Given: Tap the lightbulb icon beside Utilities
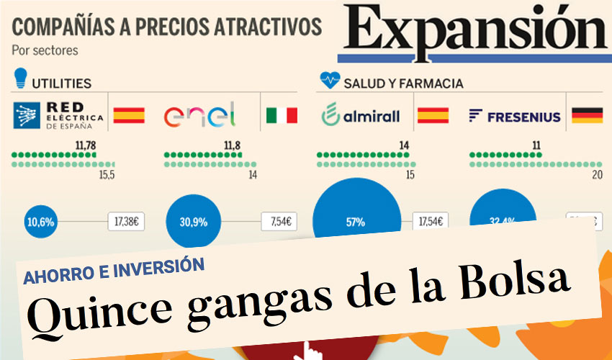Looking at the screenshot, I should click(x=21, y=77).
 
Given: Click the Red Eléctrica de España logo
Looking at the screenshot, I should click(x=58, y=114).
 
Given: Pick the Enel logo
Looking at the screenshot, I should click(x=199, y=115).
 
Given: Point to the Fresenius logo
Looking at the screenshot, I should click(x=514, y=116).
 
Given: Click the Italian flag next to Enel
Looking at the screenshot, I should click(x=282, y=115).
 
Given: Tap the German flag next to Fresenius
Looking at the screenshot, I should click(x=587, y=115).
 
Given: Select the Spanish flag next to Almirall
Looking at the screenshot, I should click(x=433, y=115).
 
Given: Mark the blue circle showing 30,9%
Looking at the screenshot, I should click(x=194, y=221).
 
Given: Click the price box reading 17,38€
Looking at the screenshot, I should click(x=126, y=221).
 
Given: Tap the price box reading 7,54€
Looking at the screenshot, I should click(x=280, y=221).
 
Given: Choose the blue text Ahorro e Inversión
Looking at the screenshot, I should click(x=114, y=266).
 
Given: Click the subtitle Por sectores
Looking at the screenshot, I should click(x=45, y=51).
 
